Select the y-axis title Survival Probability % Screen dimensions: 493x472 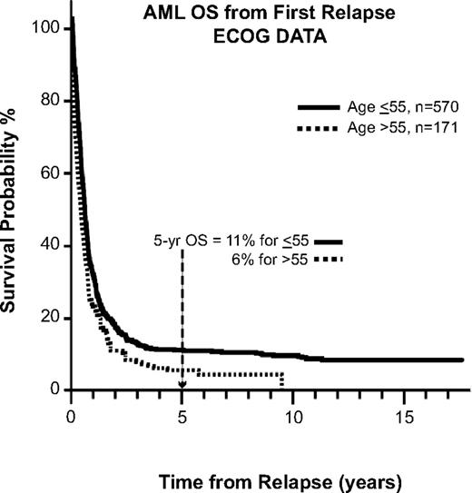click(x=15, y=210)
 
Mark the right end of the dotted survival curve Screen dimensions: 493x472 click(x=282, y=381)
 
